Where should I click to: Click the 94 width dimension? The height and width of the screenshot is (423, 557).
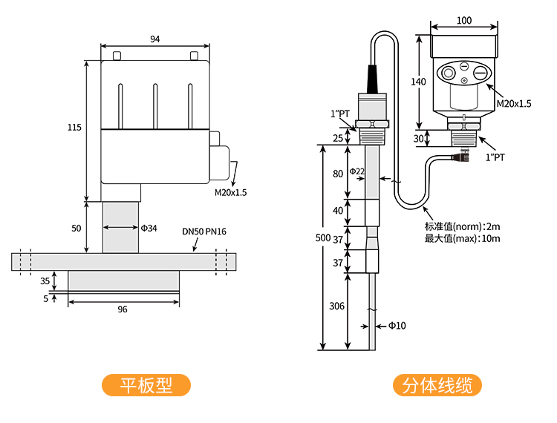point(154,39)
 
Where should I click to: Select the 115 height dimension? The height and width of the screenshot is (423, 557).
point(74,128)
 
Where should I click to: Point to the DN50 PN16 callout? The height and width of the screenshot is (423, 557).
point(204,232)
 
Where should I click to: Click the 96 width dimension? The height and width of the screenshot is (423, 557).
point(123,309)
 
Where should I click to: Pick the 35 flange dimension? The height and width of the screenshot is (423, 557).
point(45,281)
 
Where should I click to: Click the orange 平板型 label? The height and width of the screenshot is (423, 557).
point(146,385)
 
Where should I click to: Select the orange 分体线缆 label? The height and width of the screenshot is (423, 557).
point(437,385)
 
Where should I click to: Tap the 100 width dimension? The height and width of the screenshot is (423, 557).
point(464,21)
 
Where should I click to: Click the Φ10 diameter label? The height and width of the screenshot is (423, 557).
point(397,325)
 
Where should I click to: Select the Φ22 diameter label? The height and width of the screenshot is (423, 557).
point(357,171)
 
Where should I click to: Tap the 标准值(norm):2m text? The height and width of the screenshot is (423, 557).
point(462,226)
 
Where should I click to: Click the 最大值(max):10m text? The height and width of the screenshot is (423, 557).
point(462,238)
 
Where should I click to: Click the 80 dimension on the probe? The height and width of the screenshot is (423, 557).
point(338,174)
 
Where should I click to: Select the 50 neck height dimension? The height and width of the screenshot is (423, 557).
point(76,228)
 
